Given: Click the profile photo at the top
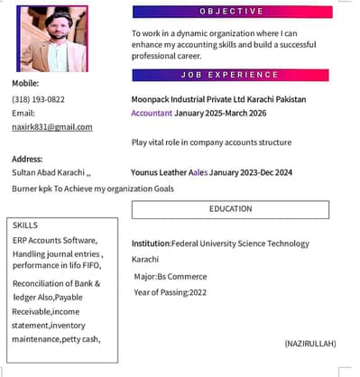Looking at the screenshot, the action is point(52,38).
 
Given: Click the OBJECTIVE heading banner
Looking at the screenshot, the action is point(231,12).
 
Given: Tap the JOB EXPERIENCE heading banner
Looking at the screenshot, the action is point(231,75).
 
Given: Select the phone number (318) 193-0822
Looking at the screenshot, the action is point(38,98).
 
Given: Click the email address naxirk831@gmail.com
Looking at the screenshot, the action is point(52,127).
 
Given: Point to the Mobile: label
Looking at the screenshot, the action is point(25,83).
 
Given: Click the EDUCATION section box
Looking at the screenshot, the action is point(231,208).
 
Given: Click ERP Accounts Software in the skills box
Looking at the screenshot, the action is point(54,241).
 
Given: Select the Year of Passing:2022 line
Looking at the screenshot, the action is point(171,292).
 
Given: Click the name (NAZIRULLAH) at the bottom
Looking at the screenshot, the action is point(309,344).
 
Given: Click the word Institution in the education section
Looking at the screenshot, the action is point(151,244).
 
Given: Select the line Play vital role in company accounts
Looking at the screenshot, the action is point(211,143).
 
